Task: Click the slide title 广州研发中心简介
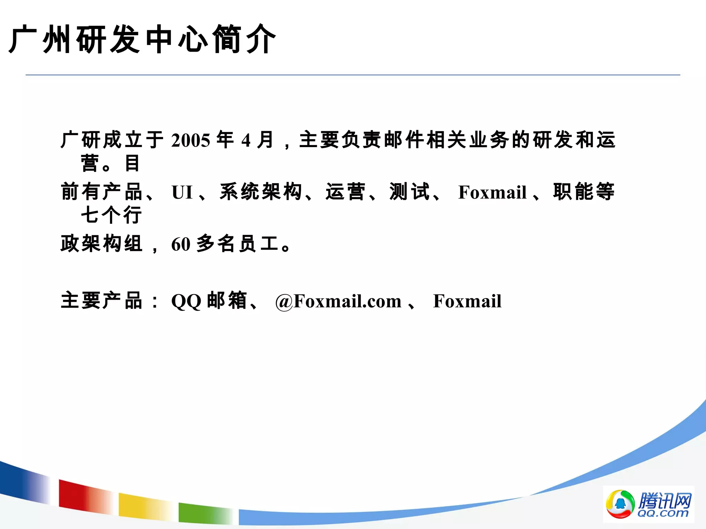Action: [142, 39]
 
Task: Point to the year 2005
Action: [191, 141]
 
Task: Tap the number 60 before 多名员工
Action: [181, 245]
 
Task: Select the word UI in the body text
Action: [182, 192]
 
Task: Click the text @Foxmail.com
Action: [338, 301]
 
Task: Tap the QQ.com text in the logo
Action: [663, 513]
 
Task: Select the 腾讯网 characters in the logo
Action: [664, 500]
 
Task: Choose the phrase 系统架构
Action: [261, 192]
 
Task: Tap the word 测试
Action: [410, 192]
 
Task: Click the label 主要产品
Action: [101, 301]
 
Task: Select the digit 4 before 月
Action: [245, 141]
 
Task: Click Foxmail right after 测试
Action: [492, 192]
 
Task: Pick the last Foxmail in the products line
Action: [467, 301]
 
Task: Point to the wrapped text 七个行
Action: [111, 215]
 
